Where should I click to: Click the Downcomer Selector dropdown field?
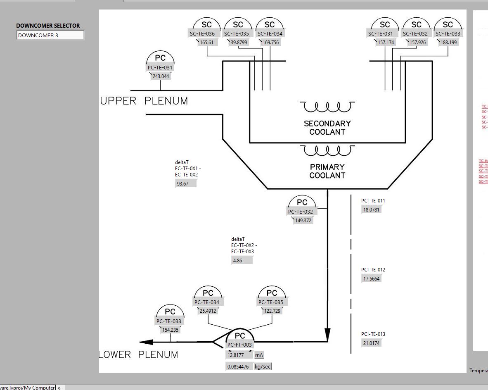[x=50, y=35]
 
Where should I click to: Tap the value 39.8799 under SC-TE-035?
[x=239, y=43]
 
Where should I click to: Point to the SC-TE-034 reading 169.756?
[x=270, y=43]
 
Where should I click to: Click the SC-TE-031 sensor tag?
[x=380, y=34]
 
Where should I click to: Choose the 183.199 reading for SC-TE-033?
[x=448, y=43]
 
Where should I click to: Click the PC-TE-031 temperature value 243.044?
[x=161, y=76]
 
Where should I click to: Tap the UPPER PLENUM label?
[x=144, y=101]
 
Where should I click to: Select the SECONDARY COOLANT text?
[x=327, y=128]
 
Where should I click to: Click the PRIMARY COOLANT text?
[x=327, y=171]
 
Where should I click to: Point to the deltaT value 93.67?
[x=185, y=183]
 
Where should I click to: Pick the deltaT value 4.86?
[x=242, y=261]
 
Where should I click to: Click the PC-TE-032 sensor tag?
[x=301, y=212]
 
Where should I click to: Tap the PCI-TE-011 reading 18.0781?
[x=371, y=209]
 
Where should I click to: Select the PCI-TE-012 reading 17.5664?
[x=371, y=279]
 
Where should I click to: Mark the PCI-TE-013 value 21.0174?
[x=371, y=343]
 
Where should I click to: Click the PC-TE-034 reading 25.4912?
[x=208, y=311]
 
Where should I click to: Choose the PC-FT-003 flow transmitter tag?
[x=239, y=345]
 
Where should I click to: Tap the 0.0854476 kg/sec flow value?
[x=239, y=367]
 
